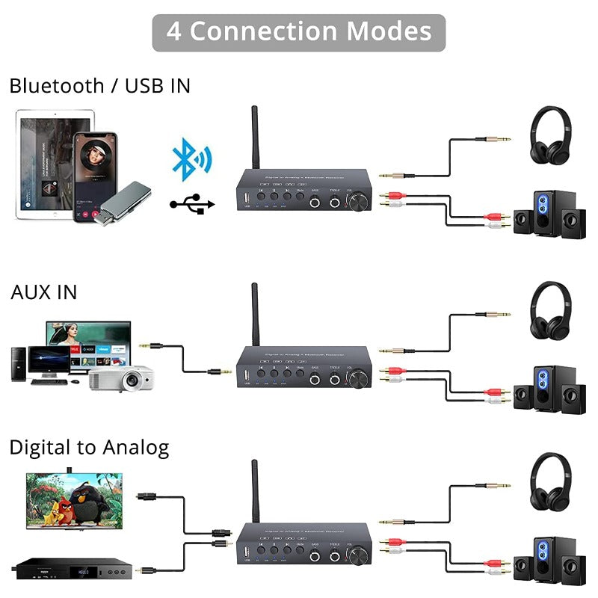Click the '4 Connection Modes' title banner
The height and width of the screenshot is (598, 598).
point(299,32)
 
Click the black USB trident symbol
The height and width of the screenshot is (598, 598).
point(192,203)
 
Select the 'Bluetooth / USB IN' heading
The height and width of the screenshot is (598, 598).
point(99,86)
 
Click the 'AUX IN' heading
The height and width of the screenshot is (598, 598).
point(43,292)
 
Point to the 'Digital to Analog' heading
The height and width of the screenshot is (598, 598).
point(89,448)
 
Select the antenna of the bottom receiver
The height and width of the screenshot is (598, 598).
point(254,490)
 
